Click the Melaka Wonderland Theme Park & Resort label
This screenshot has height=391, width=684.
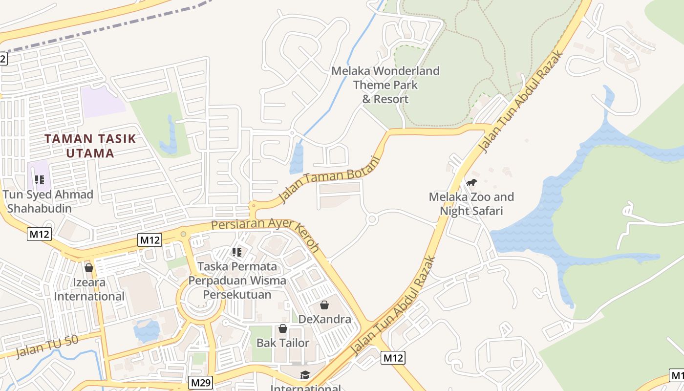click(x=385, y=85)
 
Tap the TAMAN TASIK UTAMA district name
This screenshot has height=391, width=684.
click(x=90, y=146)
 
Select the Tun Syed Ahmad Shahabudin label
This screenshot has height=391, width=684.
click(x=47, y=201)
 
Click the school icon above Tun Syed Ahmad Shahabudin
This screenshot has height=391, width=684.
click(x=40, y=180)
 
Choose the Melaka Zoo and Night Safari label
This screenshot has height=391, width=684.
click(x=471, y=204)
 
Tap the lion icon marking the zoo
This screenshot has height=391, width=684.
click(x=471, y=183)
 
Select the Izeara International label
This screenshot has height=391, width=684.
click(x=89, y=289)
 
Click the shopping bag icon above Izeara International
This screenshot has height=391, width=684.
click(x=89, y=268)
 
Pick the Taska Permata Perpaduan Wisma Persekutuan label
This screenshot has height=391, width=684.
click(x=237, y=281)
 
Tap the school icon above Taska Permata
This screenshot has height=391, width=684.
click(x=237, y=252)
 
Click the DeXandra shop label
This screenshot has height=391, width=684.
click(x=324, y=319)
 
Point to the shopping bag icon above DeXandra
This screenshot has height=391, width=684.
click(x=324, y=305)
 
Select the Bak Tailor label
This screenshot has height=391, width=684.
click(x=283, y=343)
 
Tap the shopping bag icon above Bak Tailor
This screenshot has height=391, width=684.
click(x=283, y=328)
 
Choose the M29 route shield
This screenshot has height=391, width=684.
click(x=201, y=383)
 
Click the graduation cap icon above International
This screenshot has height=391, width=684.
click(x=305, y=375)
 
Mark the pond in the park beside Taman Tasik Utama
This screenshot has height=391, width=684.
click(x=169, y=137)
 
